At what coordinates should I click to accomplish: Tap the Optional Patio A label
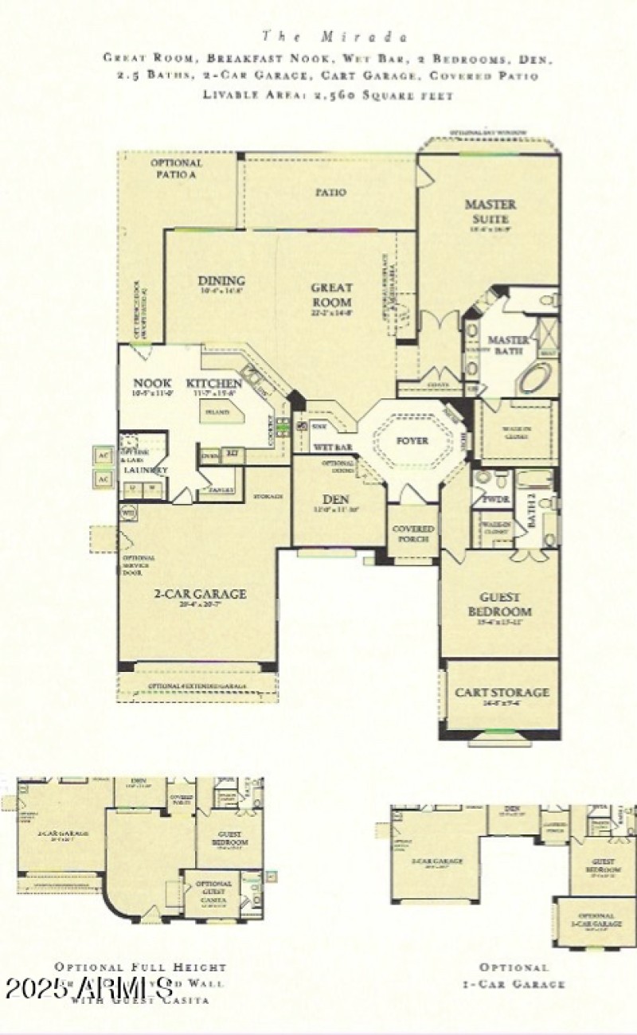pyautogui.click(x=176, y=169)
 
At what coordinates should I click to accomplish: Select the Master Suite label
pyautogui.click(x=490, y=210)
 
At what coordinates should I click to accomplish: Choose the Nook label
pyautogui.click(x=151, y=383)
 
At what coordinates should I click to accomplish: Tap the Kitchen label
pyautogui.click(x=213, y=383)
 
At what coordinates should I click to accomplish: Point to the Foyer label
pyautogui.click(x=412, y=440)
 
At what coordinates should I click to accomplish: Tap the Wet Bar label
pyautogui.click(x=332, y=447)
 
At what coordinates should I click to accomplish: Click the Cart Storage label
pyautogui.click(x=501, y=693)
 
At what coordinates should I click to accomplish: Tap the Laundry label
pyautogui.click(x=146, y=471)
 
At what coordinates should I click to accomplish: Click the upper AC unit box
pyautogui.click(x=103, y=455)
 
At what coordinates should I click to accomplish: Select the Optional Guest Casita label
pyautogui.click(x=213, y=889)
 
